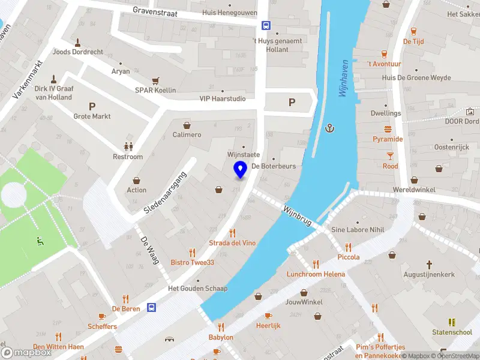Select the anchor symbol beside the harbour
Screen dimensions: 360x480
329,127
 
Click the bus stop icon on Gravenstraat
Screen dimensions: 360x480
266,25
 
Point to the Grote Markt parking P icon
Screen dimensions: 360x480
92,106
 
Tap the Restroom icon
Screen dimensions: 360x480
128,146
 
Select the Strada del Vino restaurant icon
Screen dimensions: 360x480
232,232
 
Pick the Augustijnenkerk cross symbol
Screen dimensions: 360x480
430,264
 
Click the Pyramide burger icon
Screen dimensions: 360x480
388,128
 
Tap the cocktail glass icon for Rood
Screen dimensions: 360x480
390,155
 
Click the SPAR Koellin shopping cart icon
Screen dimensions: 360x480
155,80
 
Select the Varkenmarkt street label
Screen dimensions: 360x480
28,79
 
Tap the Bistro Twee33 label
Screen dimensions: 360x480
192,262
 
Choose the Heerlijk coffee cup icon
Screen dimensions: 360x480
268,315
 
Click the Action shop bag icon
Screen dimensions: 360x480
136,180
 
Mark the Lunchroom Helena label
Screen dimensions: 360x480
316,274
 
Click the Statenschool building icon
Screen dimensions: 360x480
452,322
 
